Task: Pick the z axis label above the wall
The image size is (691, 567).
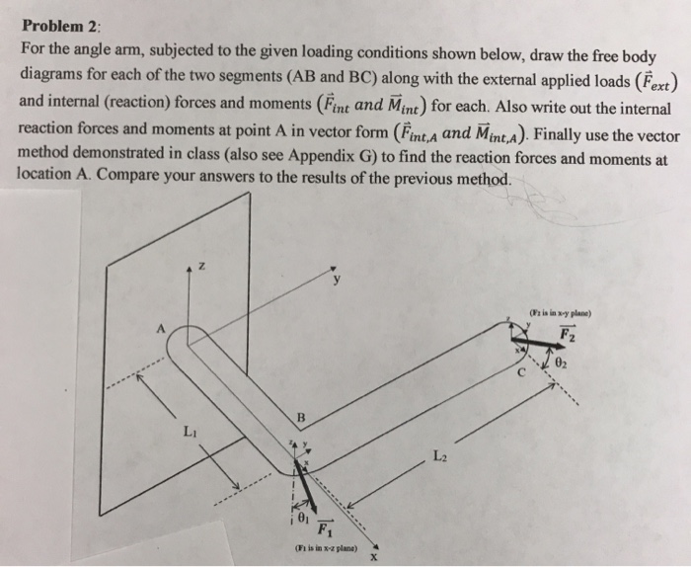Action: point(201,267)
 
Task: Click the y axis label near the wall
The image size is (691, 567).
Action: point(338,279)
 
